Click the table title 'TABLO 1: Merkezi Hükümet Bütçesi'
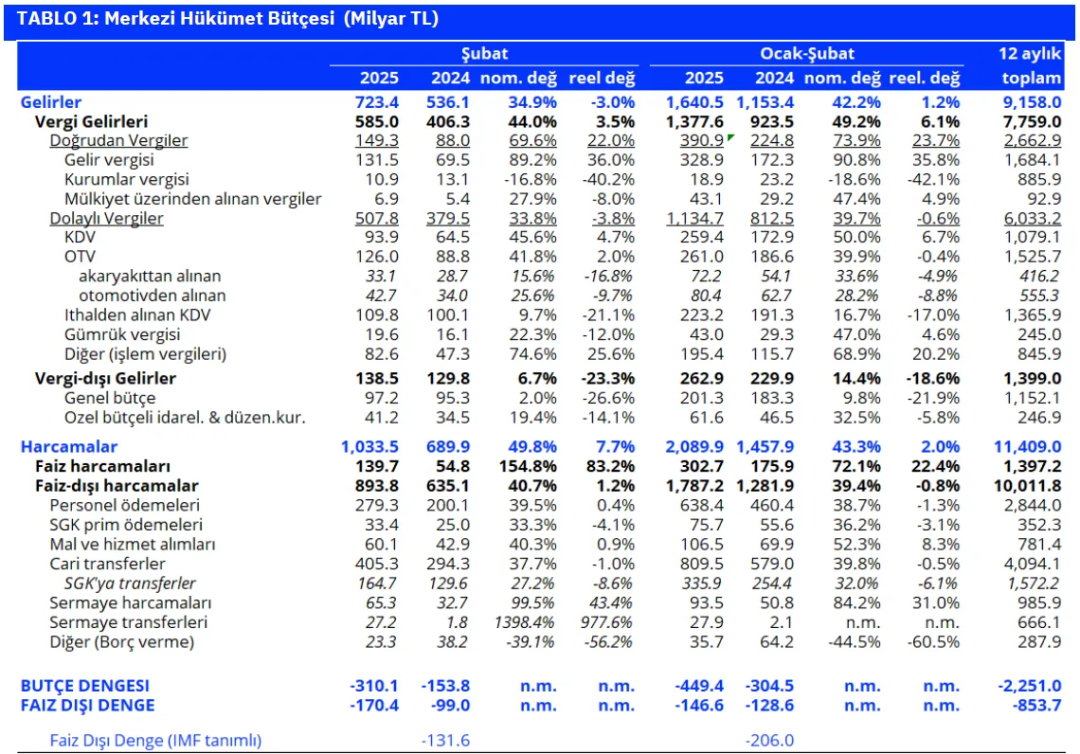pos(175,19)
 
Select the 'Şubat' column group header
pos(484,54)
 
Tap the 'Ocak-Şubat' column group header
pos(806,54)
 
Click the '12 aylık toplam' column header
pos(1031,65)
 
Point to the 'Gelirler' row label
pos(51,102)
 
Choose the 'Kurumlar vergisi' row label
pos(126,179)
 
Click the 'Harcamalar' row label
pos(69,447)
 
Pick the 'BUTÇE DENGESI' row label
pos(84,686)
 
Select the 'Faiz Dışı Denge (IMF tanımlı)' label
pos(155,740)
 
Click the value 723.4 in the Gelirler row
pos(377,102)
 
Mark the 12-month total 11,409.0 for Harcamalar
pos(1027,447)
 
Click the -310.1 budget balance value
pos(374,686)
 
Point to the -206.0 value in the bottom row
pos(769,740)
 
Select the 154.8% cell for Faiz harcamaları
pos(528,466)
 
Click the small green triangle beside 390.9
pos(730,137)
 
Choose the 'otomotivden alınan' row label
pos(153,296)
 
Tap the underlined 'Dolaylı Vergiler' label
pos(106,218)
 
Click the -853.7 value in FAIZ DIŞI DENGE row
pos(1036,705)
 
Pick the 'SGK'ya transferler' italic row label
pos(130,583)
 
